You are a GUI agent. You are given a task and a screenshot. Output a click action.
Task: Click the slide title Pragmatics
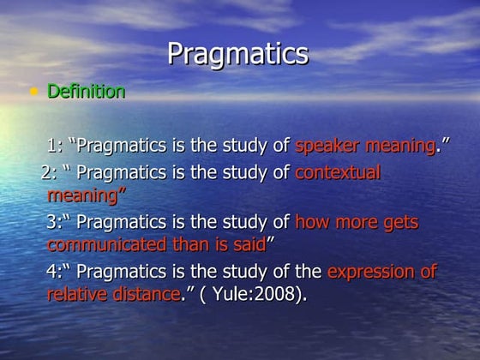237,53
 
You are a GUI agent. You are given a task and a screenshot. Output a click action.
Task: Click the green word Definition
87,91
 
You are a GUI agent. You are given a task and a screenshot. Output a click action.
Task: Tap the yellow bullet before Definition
33,91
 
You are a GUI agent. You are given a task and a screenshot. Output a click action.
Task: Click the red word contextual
337,173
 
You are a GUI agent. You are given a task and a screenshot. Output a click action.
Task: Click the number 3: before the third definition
55,223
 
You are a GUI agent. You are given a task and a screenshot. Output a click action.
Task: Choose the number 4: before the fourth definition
55,273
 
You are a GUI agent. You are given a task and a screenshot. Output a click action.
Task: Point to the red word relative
76,295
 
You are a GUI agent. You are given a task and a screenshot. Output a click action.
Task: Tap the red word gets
399,223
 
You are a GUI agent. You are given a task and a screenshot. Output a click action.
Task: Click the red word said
249,245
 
